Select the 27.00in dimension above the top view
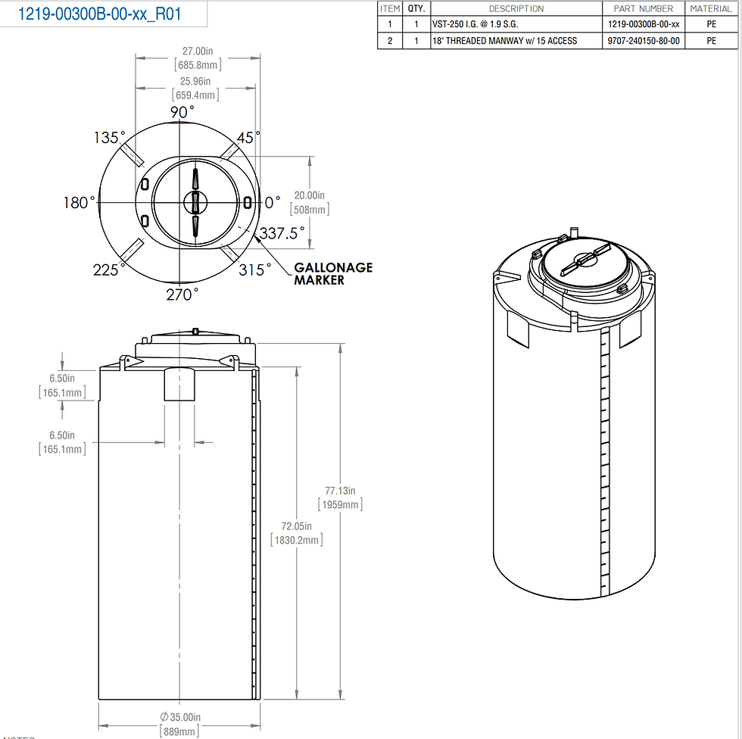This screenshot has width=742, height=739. click(197, 51)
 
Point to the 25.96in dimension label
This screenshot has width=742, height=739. click(196, 81)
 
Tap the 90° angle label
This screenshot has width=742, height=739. click(182, 111)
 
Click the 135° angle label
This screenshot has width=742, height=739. click(109, 138)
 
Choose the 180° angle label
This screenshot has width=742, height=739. click(80, 203)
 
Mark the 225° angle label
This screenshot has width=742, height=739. click(109, 270)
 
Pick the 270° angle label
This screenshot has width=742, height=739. click(182, 295)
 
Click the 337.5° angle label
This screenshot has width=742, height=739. click(282, 232)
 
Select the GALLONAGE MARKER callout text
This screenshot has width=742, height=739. click(332, 274)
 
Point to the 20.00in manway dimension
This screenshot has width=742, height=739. click(310, 195)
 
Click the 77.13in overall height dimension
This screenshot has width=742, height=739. click(340, 491)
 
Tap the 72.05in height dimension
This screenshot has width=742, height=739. click(296, 526)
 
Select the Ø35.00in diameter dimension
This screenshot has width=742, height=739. click(179, 717)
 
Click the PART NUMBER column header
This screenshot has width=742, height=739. click(644, 8)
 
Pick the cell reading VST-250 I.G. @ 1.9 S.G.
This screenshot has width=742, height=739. click(475, 24)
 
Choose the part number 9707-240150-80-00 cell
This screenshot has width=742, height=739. click(644, 41)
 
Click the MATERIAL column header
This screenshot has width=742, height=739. click(711, 8)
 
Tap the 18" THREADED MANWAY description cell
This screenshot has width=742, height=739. click(504, 41)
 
